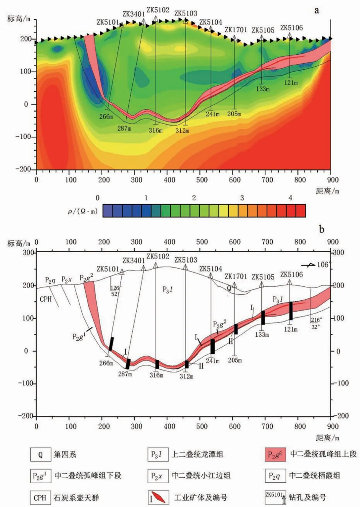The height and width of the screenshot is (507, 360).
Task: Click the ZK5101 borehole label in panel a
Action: [x=108, y=22]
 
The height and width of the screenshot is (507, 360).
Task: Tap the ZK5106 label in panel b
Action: [x=291, y=274]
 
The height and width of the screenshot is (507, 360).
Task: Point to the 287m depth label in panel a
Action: [x=124, y=128]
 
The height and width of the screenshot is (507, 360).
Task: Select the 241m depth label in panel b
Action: [x=213, y=361]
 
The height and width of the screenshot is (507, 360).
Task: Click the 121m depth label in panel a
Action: [x=291, y=83]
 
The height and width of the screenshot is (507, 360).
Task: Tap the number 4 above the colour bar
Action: [x=290, y=198]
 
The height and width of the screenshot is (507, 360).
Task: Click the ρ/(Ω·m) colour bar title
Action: [x=83, y=211]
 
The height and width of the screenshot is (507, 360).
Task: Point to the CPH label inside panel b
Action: [x=46, y=299]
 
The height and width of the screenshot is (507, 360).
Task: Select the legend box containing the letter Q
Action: [x=40, y=455]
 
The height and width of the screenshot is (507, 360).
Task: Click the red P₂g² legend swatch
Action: [x=275, y=455]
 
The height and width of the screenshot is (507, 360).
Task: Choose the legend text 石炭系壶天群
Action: [x=76, y=498]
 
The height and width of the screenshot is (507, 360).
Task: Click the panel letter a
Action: [x=316, y=10]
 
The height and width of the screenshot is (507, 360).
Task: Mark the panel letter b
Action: [x=321, y=229]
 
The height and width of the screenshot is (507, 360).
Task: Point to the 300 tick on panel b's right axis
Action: [x=338, y=253]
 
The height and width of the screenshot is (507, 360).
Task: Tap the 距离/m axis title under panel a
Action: [x=327, y=191]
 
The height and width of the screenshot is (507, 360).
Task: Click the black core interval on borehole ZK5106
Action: [x=291, y=311]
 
